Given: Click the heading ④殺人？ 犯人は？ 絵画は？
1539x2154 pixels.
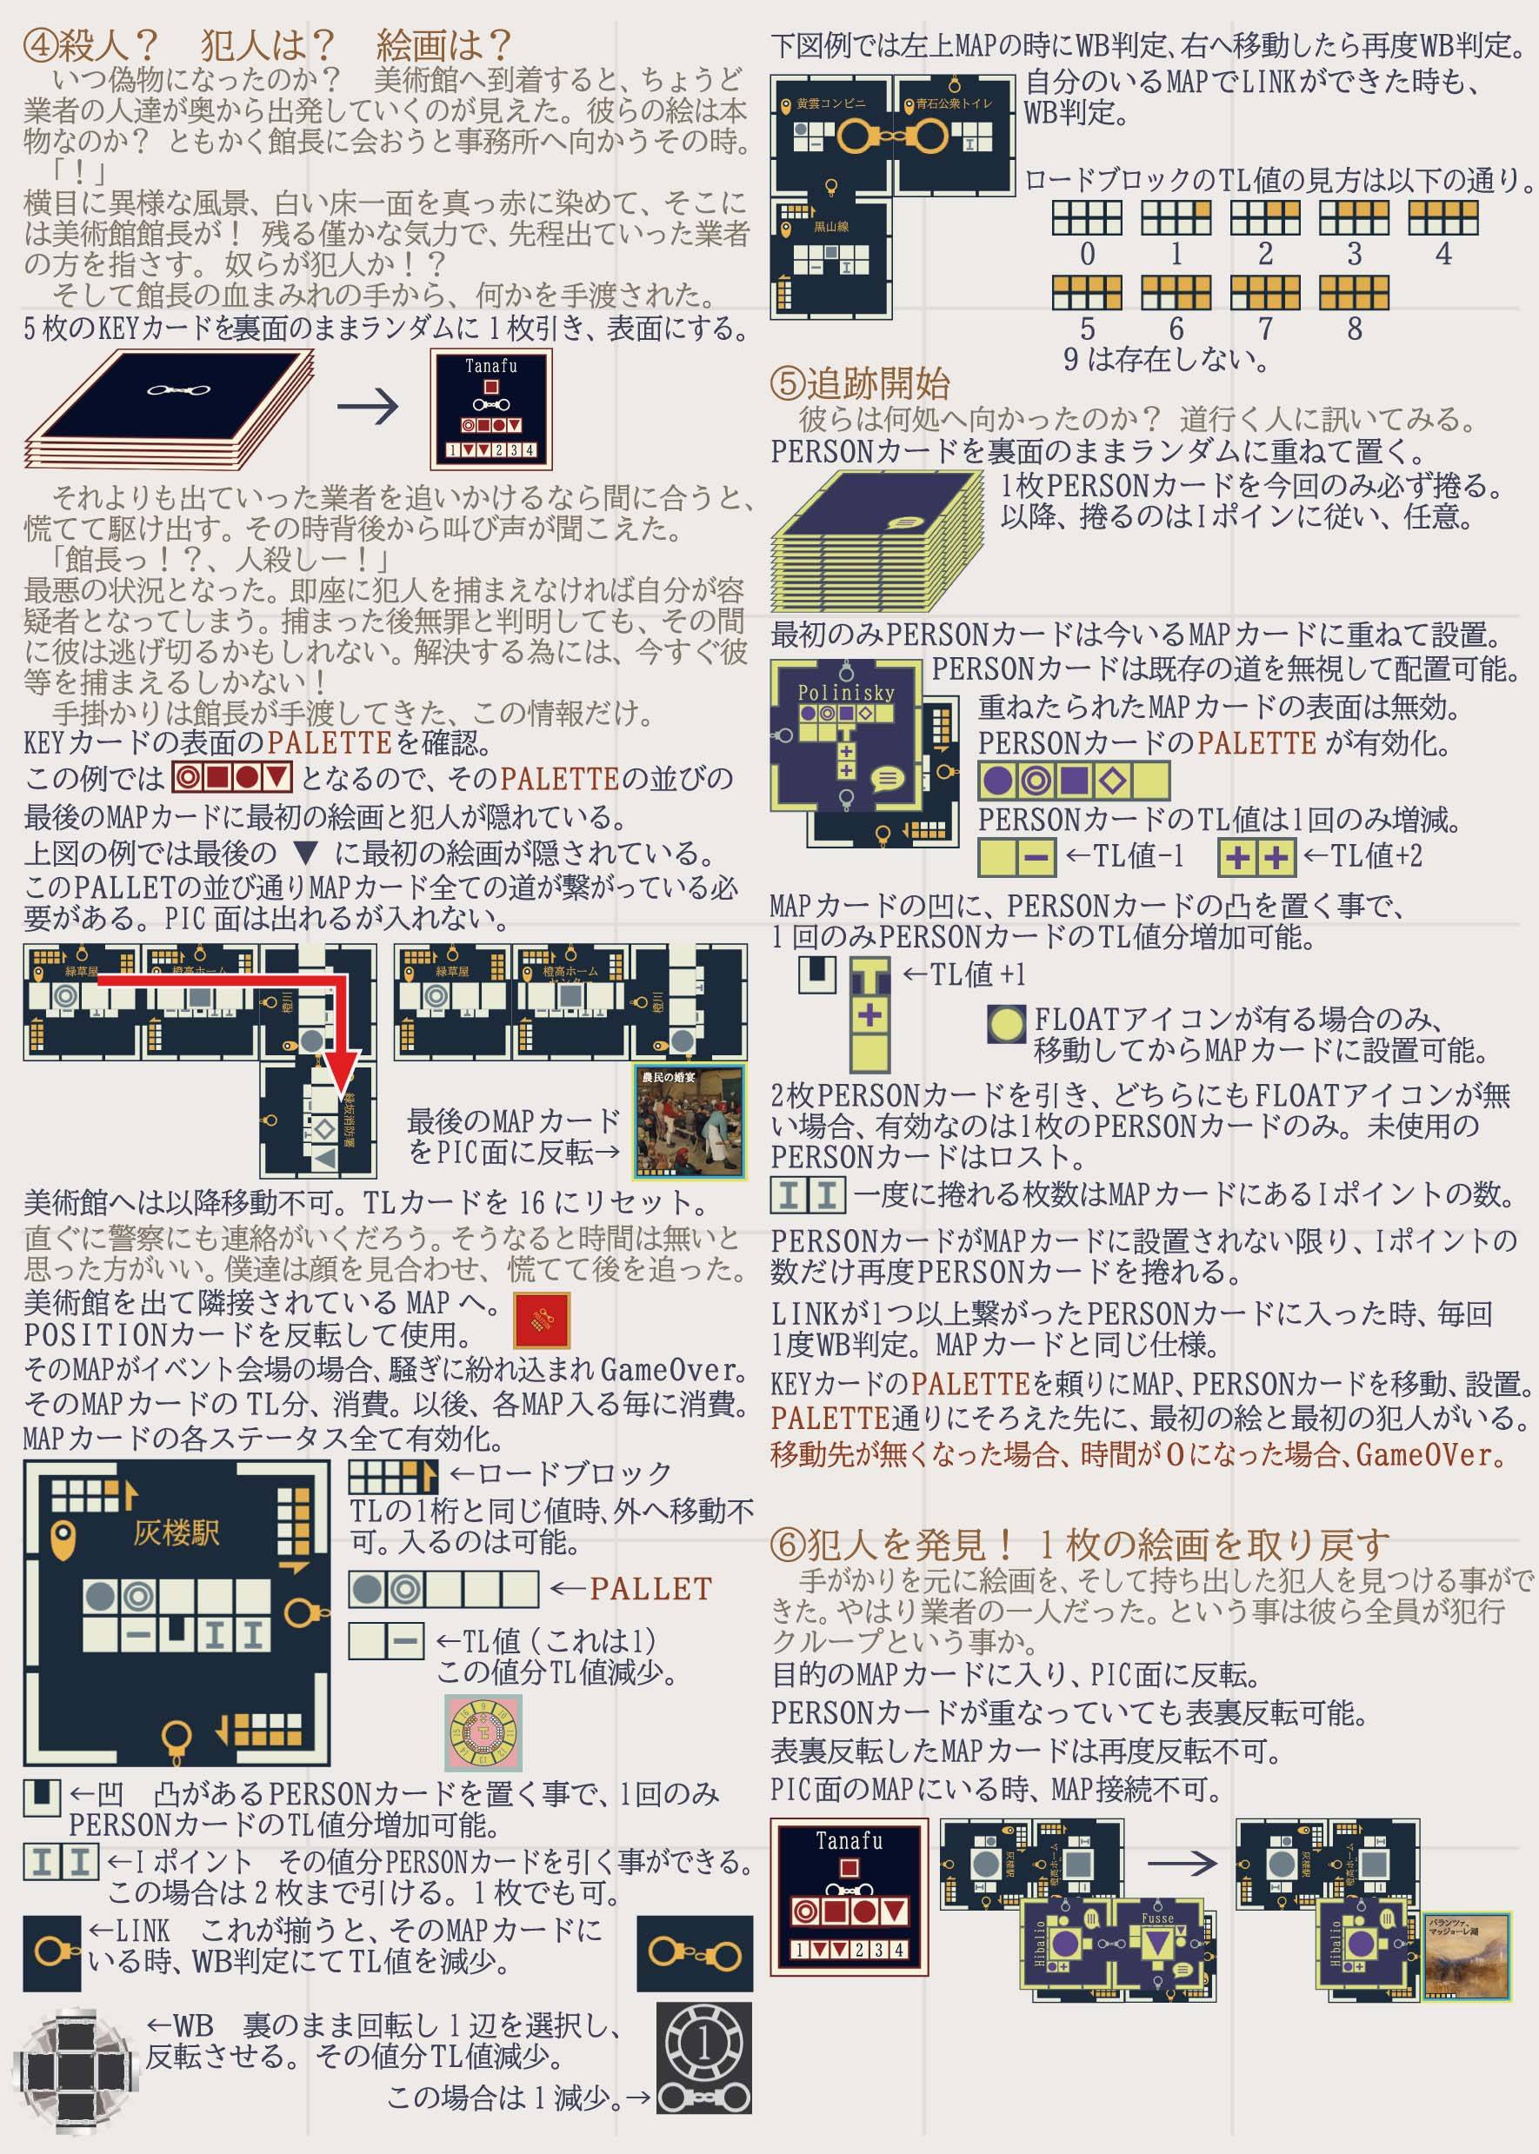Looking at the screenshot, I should pyautogui.click(x=267, y=43).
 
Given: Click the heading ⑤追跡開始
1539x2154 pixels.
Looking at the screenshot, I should pyautogui.click(x=860, y=383).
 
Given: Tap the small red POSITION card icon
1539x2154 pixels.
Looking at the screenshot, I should pyautogui.click(x=541, y=1320).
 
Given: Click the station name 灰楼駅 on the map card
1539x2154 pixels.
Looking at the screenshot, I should pyautogui.click(x=176, y=1532).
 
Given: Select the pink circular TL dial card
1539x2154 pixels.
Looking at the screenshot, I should pyautogui.click(x=483, y=1732).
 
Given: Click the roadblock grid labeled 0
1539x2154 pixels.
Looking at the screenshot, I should pyautogui.click(x=1086, y=218).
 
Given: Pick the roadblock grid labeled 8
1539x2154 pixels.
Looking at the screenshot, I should pyautogui.click(x=1354, y=293).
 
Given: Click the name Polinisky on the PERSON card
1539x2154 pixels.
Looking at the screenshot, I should pyautogui.click(x=845, y=693).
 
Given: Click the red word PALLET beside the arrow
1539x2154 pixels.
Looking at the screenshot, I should pyautogui.click(x=650, y=1588).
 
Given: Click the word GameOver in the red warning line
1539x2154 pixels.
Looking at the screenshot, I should pyautogui.click(x=1431, y=1453).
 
